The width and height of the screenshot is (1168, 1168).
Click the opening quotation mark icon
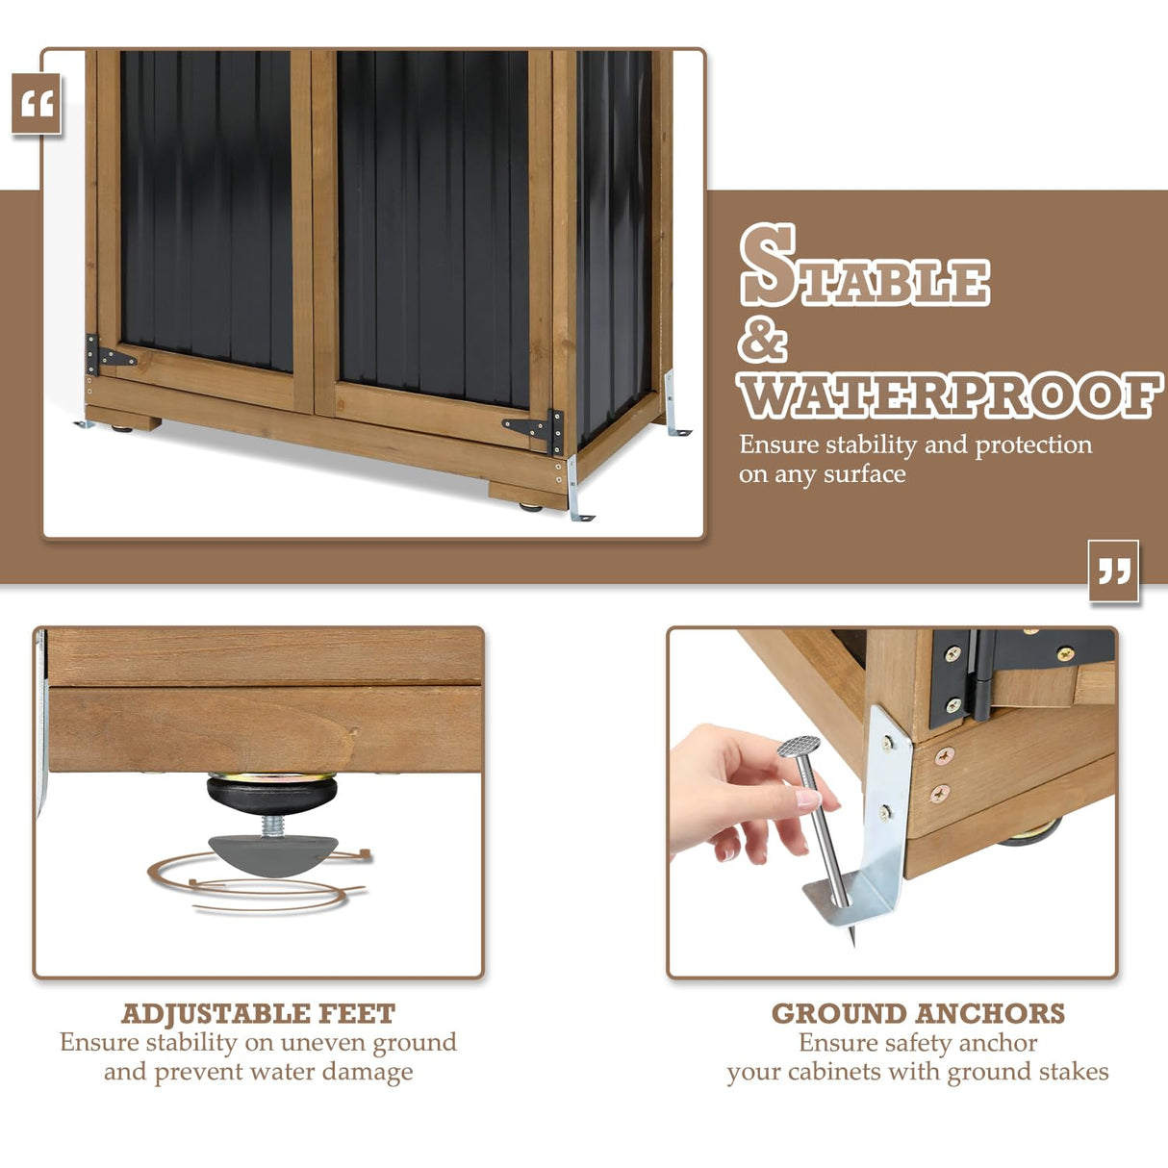point(37,104)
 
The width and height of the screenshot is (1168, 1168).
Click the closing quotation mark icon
point(1113,571)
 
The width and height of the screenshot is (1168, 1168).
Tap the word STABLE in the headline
point(864,267)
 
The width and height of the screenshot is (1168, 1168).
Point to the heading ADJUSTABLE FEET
point(258,1014)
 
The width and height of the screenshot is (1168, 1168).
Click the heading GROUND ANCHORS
point(918,1014)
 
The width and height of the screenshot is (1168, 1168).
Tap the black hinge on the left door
point(107,355)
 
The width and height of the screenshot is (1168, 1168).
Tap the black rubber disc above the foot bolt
point(272,793)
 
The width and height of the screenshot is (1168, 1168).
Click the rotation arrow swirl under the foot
point(260,885)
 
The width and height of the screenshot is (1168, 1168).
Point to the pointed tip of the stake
point(852,937)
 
